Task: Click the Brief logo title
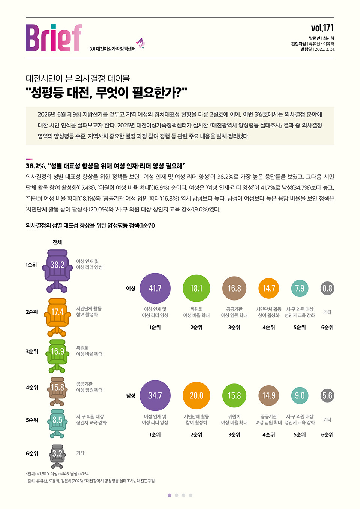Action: point(54,38)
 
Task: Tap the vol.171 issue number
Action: point(322,28)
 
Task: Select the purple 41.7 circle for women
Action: point(155,288)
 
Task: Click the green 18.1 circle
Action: point(196,288)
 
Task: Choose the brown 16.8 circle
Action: point(234,288)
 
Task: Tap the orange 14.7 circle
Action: point(269,288)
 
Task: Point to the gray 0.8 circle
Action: point(327,288)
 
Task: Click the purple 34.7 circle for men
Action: point(155,395)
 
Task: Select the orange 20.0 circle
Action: point(196,395)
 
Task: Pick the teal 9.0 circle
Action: point(300,395)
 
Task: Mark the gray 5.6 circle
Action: point(327,395)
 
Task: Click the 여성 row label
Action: point(130,288)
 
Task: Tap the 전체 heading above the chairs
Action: point(57,242)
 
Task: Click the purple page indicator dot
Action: point(169,495)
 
